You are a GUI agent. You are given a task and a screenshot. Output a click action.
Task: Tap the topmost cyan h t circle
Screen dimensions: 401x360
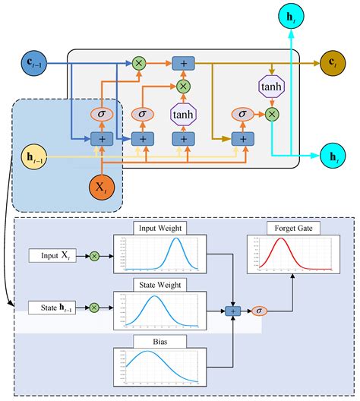pos(290,16)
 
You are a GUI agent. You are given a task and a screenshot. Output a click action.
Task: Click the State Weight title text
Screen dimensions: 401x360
pos(155,284)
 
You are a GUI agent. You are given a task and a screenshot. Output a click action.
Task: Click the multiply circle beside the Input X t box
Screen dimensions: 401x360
pos(95,257)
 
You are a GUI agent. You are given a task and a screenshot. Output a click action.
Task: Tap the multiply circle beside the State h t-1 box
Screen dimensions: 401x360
pos(95,308)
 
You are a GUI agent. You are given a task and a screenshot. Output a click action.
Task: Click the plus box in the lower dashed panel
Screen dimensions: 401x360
pos(235,311)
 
